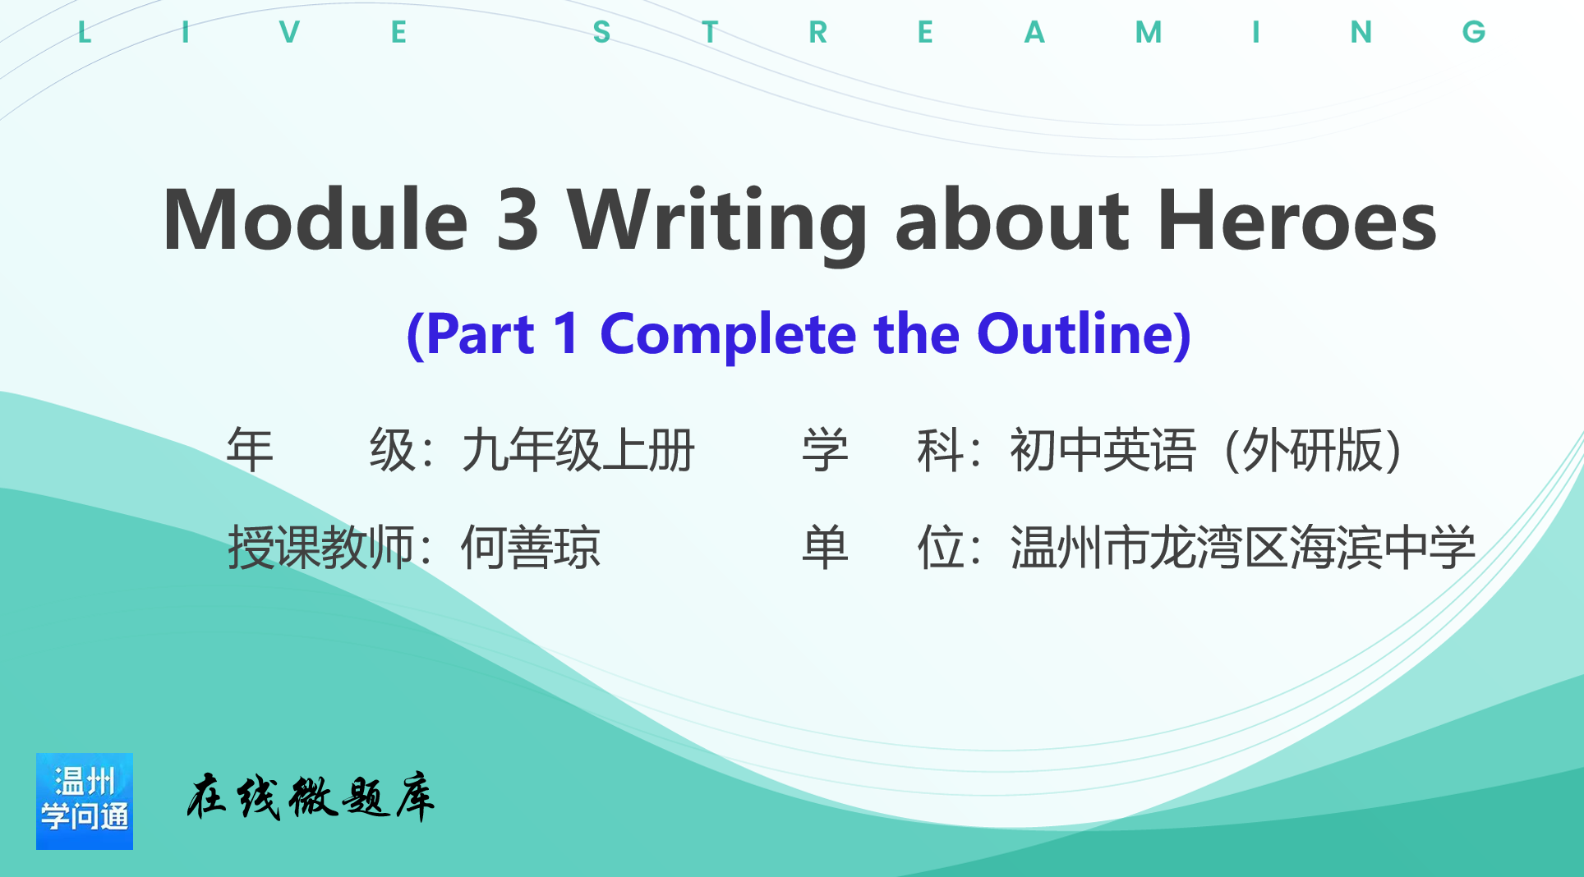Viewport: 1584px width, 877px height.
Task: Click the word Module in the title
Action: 316,219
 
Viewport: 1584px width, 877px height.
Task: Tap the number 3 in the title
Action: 518,219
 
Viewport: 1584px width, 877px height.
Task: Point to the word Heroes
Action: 1297,219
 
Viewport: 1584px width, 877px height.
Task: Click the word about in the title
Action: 1012,219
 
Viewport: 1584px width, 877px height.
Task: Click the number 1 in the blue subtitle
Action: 566,333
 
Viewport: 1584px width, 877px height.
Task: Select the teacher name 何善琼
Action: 531,548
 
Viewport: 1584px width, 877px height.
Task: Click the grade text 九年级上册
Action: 578,450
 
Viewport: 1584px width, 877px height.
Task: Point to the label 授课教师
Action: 321,548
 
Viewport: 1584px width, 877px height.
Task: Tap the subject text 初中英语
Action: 1103,450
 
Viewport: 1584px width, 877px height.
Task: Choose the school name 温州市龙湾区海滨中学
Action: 1243,548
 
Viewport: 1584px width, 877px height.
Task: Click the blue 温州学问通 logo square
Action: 85,801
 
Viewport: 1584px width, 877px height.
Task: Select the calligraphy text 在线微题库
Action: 311,797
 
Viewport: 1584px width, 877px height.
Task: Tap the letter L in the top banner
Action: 84,32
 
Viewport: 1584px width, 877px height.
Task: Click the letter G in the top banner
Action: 1474,32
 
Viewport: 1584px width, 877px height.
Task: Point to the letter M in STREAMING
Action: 1149,32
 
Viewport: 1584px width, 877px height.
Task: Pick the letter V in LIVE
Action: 289,32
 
